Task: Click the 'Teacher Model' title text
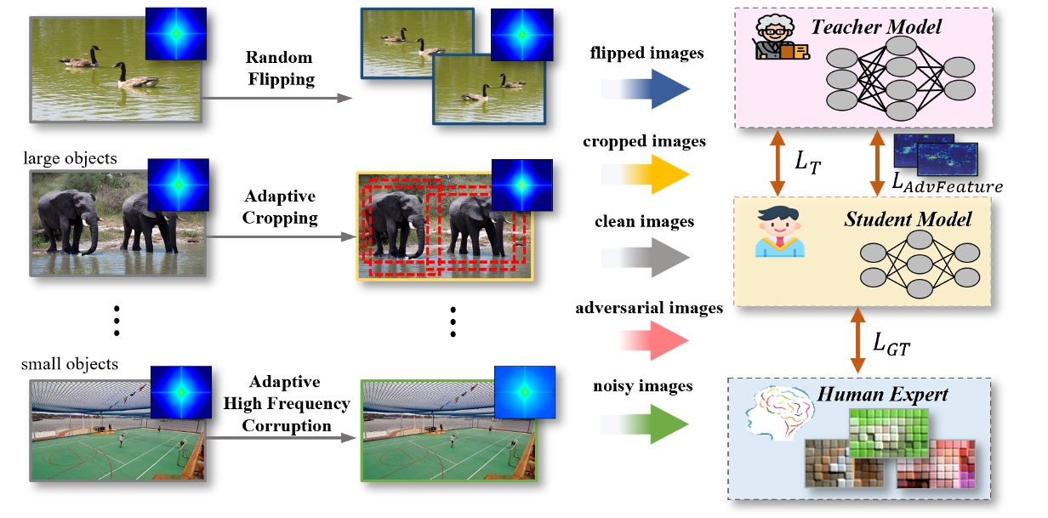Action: click(x=875, y=27)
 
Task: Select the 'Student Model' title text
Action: click(x=907, y=219)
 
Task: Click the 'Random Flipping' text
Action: click(x=280, y=69)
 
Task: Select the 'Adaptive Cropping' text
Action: click(x=280, y=207)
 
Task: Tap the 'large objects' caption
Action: click(x=71, y=158)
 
